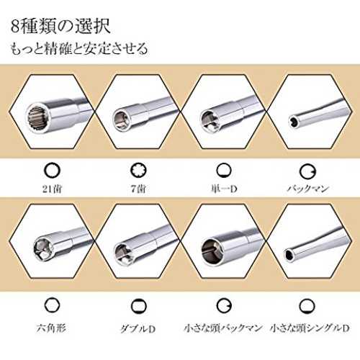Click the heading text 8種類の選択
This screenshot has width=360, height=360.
click(x=60, y=26)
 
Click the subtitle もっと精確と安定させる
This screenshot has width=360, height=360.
click(x=79, y=49)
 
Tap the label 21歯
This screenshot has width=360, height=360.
click(x=52, y=189)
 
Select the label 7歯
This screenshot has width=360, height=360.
click(x=138, y=189)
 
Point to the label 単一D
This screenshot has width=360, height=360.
click(x=224, y=189)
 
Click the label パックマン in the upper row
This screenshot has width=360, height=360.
click(x=307, y=189)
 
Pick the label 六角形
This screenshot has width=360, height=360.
click(x=51, y=328)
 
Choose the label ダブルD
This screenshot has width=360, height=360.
click(x=138, y=328)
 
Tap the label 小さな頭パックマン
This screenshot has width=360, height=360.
click(x=223, y=328)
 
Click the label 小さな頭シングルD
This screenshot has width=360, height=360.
click(x=310, y=328)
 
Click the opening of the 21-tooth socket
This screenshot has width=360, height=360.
click(x=38, y=118)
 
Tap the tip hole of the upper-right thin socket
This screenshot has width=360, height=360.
click(x=293, y=121)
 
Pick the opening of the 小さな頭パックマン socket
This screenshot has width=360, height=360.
click(x=210, y=251)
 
